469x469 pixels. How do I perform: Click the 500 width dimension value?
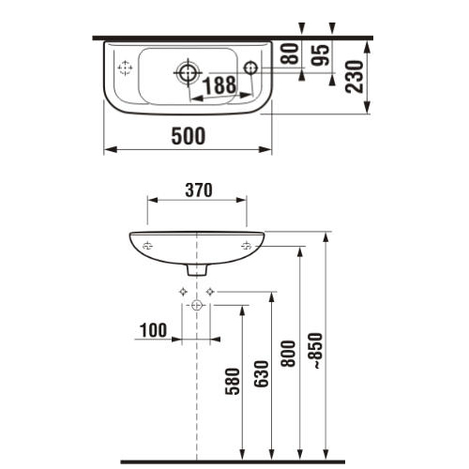(x=188, y=135)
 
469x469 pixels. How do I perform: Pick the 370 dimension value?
(x=197, y=189)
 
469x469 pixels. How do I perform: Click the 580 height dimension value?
(x=233, y=382)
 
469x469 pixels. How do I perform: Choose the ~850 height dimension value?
(x=316, y=350)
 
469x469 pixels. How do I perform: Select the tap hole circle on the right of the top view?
(x=249, y=67)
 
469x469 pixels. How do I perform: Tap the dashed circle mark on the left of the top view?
(x=124, y=68)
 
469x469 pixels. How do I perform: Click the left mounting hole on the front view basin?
(x=147, y=246)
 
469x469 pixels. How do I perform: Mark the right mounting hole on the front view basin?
(x=246, y=246)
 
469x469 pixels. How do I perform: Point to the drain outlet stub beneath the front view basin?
(x=196, y=268)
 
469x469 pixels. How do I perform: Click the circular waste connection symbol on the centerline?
(x=196, y=306)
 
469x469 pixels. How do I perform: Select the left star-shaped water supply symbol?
(x=183, y=292)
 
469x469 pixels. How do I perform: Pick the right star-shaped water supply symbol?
(x=210, y=292)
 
